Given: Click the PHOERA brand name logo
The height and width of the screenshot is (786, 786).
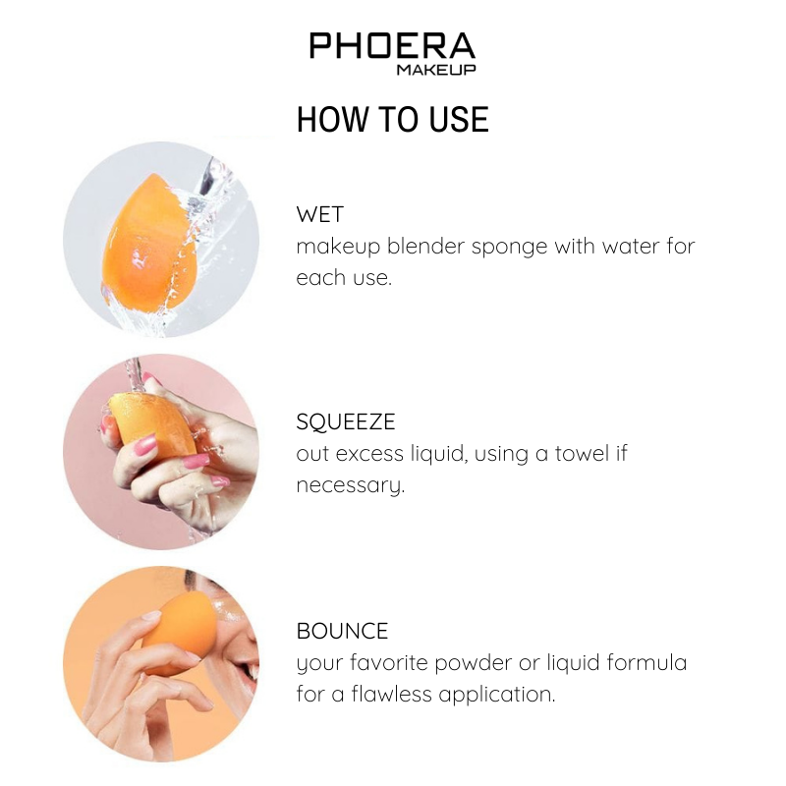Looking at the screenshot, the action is tap(392, 45).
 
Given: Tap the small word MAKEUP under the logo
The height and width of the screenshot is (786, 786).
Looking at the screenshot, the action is tap(436, 70).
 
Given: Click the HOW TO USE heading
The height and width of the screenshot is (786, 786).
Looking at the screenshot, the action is tap(392, 119).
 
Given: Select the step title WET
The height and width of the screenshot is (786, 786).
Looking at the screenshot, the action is tap(320, 214).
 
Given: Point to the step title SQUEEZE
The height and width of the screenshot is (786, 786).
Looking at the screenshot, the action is tap(346, 421).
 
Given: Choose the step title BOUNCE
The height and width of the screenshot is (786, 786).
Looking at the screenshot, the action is tap(342, 631).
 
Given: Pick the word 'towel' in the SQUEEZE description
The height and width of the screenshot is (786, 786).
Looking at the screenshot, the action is tap(582, 453).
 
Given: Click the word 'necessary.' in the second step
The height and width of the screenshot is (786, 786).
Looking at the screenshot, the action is tap(351, 485).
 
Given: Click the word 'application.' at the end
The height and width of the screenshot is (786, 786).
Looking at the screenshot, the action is tap(497, 696).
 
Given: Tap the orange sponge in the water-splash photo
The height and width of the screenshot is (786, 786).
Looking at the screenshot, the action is tap(149, 243).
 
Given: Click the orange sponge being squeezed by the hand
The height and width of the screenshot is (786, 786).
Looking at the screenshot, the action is tap(153, 421).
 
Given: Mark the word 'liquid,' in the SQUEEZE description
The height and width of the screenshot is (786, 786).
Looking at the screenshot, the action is tap(438, 454).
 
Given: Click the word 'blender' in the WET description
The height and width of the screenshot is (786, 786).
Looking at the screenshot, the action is tap(425, 247).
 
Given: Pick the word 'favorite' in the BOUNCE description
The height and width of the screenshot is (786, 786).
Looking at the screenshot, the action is tap(388, 662).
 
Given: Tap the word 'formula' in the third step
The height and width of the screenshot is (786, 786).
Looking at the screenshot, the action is tap(646, 662).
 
